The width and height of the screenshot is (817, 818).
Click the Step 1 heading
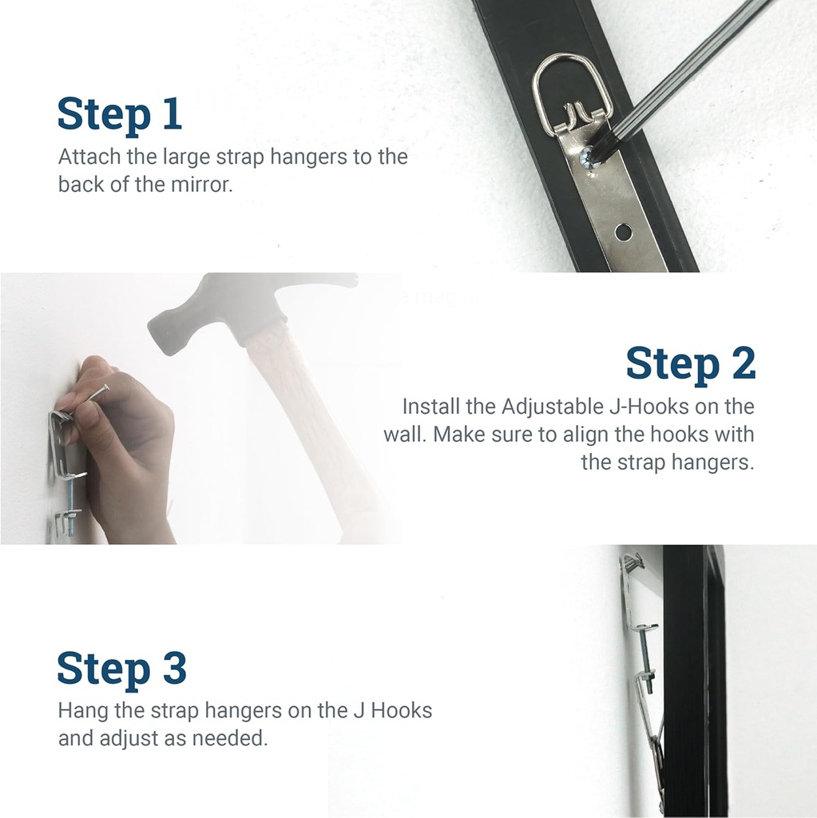tap(120, 114)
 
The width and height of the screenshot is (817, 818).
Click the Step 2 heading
tap(690, 363)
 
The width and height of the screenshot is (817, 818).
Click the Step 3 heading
tap(121, 669)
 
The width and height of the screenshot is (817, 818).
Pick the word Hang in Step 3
tap(81, 709)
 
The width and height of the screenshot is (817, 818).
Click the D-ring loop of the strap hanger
tap(572, 84)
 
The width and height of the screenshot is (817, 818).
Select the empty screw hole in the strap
tap(622, 232)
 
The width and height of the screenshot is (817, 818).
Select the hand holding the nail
tap(128, 447)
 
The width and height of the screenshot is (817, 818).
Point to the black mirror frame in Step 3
tap(687, 679)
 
